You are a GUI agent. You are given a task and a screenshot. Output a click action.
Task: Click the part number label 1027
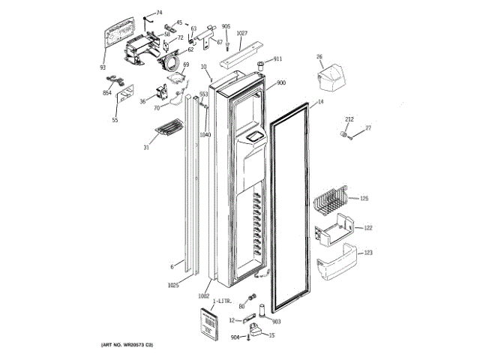point(241,33)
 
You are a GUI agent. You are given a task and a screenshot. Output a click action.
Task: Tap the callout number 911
point(277,58)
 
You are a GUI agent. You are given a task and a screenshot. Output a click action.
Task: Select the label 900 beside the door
point(280,82)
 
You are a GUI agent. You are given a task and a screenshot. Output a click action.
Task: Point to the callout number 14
point(319,101)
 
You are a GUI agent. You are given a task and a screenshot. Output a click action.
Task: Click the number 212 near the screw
point(349,119)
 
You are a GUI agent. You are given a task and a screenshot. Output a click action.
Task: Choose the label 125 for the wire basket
point(364,199)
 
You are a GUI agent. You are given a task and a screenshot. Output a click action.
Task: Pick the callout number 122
point(367,227)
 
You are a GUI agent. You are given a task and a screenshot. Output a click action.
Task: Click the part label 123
point(367,253)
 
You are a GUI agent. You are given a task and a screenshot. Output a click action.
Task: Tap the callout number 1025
point(173,286)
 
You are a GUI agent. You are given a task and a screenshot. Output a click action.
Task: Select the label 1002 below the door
point(203,295)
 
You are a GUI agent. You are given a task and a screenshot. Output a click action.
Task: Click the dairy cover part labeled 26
point(329,74)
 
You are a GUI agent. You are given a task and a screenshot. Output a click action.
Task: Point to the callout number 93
point(103,67)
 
